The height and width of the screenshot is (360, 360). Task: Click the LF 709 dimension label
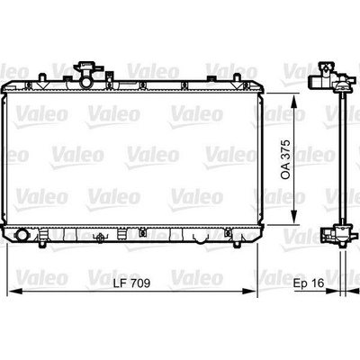[x=131, y=283]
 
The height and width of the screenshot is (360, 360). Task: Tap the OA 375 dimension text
[x=286, y=159]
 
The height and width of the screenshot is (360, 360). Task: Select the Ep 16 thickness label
[x=309, y=283]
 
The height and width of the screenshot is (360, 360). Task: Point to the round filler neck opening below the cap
[x=86, y=82]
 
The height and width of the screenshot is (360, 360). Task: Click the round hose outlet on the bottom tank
[x=22, y=235]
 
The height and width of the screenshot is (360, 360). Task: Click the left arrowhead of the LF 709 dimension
[x=15, y=291]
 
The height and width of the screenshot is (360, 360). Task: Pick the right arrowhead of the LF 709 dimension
[x=248, y=291]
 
